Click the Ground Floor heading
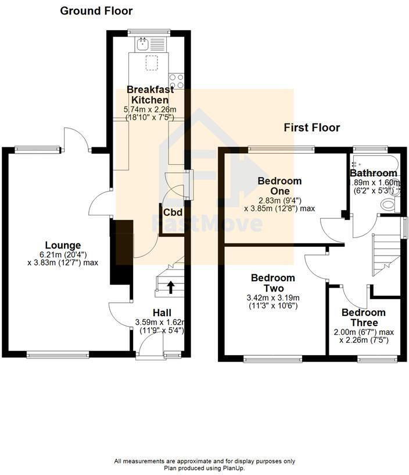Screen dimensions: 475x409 point(96,11)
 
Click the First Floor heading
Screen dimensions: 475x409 point(311,127)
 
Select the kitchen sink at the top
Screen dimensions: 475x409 point(143,42)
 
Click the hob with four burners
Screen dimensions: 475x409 point(177,80)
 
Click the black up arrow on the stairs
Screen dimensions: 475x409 point(171,286)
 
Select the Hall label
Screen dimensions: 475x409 point(163,312)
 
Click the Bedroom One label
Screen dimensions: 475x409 point(279,186)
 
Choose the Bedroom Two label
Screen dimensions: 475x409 point(273,283)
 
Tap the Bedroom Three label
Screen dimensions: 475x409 point(364,317)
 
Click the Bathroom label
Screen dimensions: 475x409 point(373,173)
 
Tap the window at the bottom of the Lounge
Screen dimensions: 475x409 point(58,353)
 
